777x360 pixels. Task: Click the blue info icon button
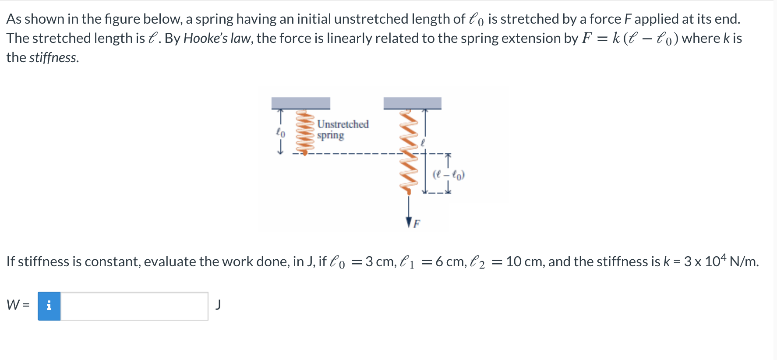(x=49, y=306)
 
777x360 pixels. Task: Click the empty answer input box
(x=134, y=306)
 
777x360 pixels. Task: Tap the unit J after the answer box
(x=218, y=304)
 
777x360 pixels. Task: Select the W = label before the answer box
(x=18, y=305)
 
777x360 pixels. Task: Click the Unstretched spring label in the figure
(x=343, y=130)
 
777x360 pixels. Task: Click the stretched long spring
(x=408, y=151)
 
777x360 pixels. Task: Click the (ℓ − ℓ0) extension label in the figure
(x=449, y=175)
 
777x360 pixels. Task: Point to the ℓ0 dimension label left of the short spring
(x=280, y=132)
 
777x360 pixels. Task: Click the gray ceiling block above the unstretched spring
(x=300, y=103)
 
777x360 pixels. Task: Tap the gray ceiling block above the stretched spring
(x=412, y=103)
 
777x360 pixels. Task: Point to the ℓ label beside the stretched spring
(x=423, y=143)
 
